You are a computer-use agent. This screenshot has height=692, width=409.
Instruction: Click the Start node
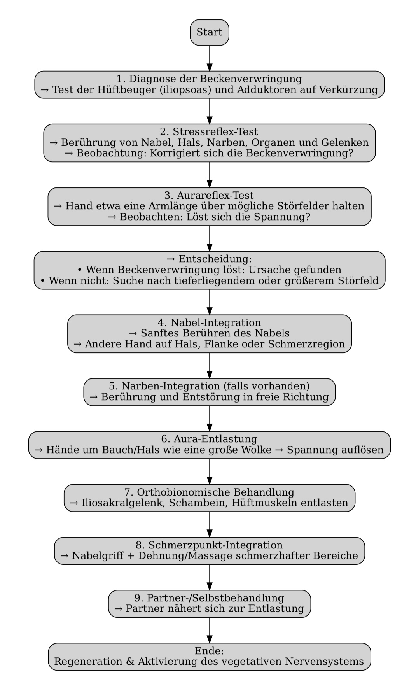coord(209,32)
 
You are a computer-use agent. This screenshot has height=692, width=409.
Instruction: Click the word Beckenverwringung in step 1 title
coord(251,79)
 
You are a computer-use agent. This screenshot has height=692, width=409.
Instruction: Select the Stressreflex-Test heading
coord(209,131)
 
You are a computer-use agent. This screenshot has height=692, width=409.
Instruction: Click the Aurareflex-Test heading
coord(209,195)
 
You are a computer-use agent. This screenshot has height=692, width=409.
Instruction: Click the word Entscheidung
coord(215,259)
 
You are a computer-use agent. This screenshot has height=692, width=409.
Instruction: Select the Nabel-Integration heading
coord(209,322)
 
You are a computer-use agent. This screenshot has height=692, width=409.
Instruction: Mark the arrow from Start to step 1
coord(210,58)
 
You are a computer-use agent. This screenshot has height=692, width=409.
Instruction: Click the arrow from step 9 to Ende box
coord(210,630)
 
